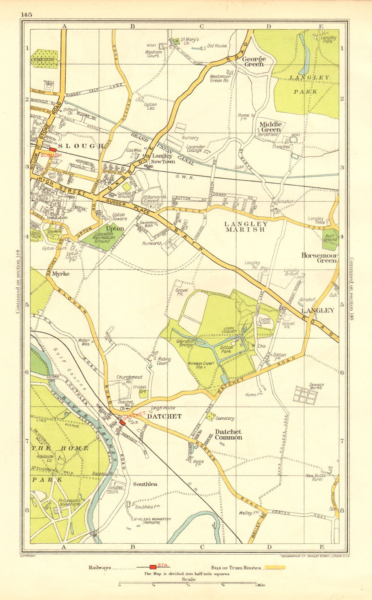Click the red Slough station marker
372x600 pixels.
click(x=53, y=149)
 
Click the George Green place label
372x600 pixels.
click(x=254, y=61)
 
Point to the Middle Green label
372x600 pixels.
click(x=271, y=127)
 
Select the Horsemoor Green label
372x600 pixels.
click(x=319, y=258)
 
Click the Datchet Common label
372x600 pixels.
click(x=228, y=434)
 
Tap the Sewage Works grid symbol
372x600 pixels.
click(x=305, y=395)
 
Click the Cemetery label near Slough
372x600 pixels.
click(x=44, y=60)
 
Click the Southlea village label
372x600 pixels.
click(x=145, y=484)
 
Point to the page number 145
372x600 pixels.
click(x=27, y=15)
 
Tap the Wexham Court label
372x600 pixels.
click(x=153, y=54)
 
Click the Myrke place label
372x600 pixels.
click(x=61, y=274)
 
